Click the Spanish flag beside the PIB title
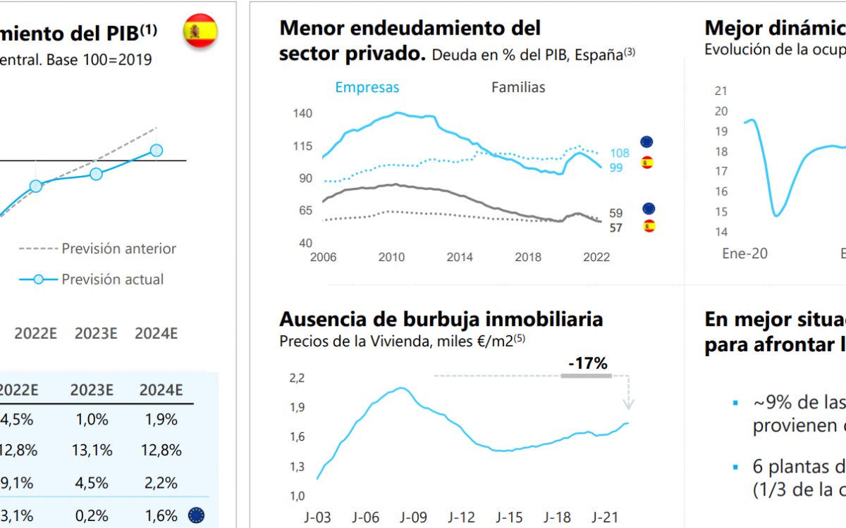tap(200, 31)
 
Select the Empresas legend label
tap(367, 87)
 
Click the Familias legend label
tap(518, 87)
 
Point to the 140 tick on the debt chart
tap(302, 113)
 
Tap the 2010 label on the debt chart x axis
tap(392, 257)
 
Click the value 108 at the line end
tap(619, 153)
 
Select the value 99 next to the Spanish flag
tap(616, 167)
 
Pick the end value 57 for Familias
tap(616, 227)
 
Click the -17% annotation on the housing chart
tap(587, 363)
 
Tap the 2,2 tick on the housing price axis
tap(297, 378)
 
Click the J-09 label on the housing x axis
tap(414, 518)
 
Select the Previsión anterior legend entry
tap(119, 249)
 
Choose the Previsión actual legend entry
tap(113, 279)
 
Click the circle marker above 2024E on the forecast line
tap(157, 150)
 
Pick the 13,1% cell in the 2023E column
tap(92, 449)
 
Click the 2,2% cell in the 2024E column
tap(161, 482)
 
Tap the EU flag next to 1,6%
tap(196, 515)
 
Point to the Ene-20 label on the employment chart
tap(744, 253)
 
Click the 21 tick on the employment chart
tap(721, 91)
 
